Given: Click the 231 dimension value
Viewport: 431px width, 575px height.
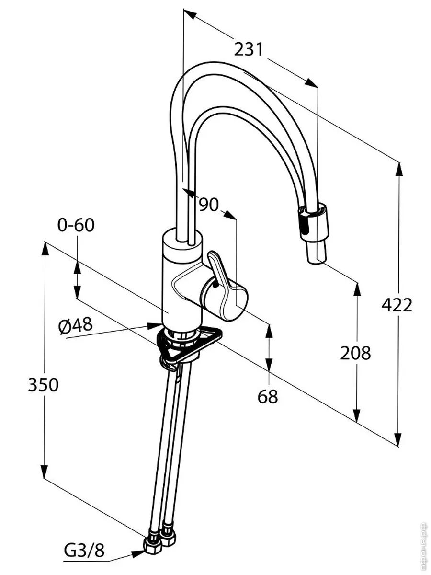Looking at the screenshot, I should coord(249,49).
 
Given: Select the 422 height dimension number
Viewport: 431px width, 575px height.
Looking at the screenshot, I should coord(397,305).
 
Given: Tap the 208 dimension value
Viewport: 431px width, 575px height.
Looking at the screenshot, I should coord(355,353).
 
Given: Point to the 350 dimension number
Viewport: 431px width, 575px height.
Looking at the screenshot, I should coord(43,385).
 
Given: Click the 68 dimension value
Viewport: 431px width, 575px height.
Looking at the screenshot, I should coord(268,396).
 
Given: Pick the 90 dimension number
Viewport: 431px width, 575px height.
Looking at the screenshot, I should coord(208,205).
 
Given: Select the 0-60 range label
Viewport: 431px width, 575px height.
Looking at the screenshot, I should coord(76,225).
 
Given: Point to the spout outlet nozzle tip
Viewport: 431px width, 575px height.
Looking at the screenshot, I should coord(316,254).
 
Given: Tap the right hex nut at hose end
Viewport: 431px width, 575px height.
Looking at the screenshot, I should coord(169,538).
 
